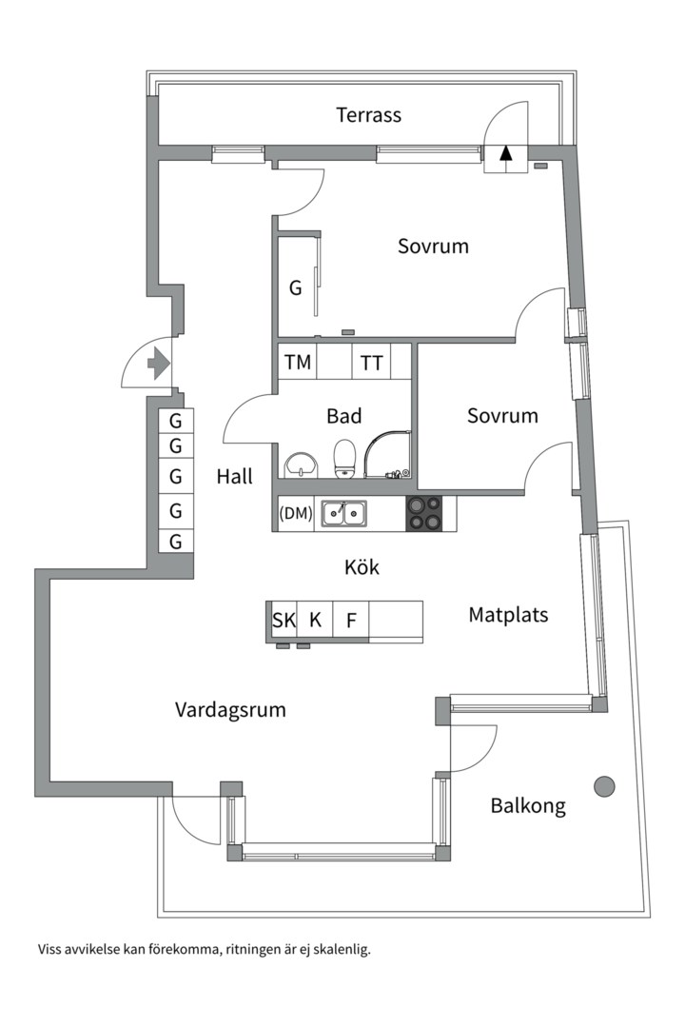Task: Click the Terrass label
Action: pos(368,115)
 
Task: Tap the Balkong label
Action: pos(528,806)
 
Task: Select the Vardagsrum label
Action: pos(230,710)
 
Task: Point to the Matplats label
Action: pos(508,615)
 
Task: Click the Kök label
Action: pos(362,568)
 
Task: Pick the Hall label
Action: pos(234,477)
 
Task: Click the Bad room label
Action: pos(343,416)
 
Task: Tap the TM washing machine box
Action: pos(297,363)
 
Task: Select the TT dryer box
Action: pos(371,363)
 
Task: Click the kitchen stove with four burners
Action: pos(424,513)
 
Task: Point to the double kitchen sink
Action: pos(343,514)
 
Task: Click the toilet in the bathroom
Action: pos(344,458)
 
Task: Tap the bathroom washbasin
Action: pos(303,464)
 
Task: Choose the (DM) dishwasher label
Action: pos(296,514)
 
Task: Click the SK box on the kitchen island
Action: pos(284,622)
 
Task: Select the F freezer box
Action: pos(351,622)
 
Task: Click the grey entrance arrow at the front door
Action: pos(158,363)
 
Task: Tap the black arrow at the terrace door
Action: pos(506,152)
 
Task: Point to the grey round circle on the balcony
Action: pos(604,785)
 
